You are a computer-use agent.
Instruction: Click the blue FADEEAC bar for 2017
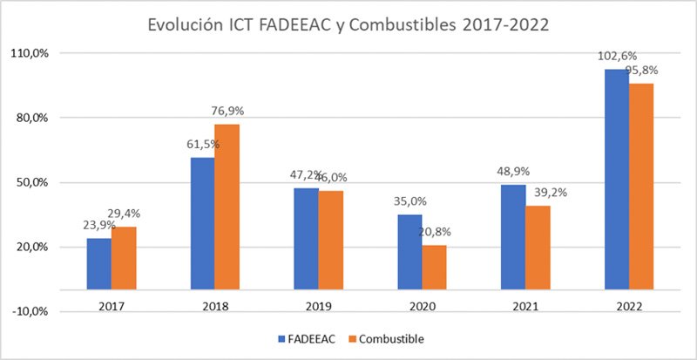coord(98,263)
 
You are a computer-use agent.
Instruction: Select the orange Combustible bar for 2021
coord(538,247)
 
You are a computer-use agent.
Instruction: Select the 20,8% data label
coord(434,233)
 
